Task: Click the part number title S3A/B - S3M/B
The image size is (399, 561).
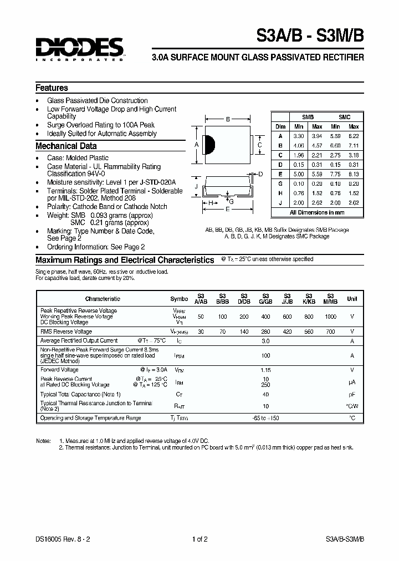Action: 309,39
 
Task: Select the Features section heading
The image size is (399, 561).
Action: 52,88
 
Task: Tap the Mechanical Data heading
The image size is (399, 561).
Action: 66,146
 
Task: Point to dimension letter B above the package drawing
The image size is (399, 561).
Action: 228,119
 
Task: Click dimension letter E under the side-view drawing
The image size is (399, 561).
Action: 228,210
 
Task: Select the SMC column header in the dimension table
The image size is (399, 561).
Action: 345,118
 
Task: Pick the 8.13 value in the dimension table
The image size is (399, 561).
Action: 354,174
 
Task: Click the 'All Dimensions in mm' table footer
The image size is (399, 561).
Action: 317,212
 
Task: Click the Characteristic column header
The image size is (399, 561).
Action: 103,299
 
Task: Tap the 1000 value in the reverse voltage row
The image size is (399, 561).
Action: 330,316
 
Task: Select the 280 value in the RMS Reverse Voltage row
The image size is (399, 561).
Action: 265,331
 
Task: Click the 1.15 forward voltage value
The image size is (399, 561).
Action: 265,370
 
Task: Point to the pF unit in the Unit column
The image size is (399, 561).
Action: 352,394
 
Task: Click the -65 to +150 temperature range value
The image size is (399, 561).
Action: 265,418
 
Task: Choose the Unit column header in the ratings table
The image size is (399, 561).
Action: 352,299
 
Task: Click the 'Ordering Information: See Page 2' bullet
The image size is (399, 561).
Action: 96,247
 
